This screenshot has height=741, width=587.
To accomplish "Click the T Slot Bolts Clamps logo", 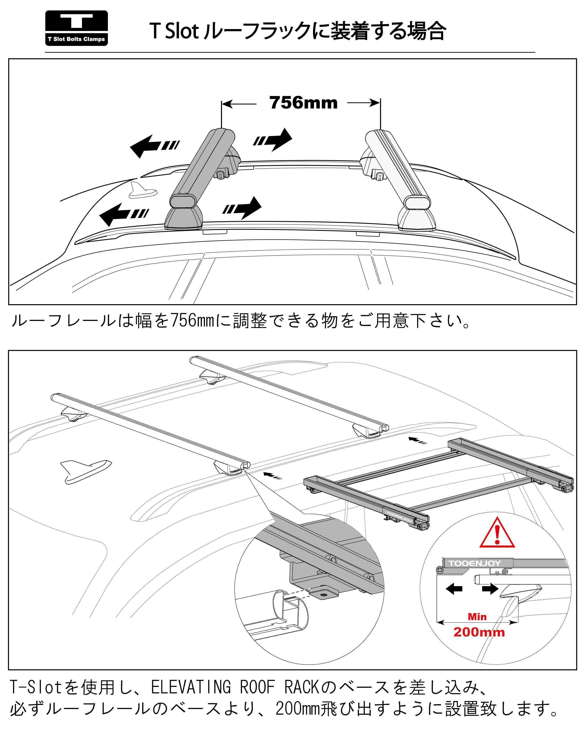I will (x=76, y=28).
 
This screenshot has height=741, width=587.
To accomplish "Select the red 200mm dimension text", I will (x=479, y=632).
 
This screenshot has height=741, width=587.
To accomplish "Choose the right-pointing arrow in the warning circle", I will (x=490, y=589).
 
